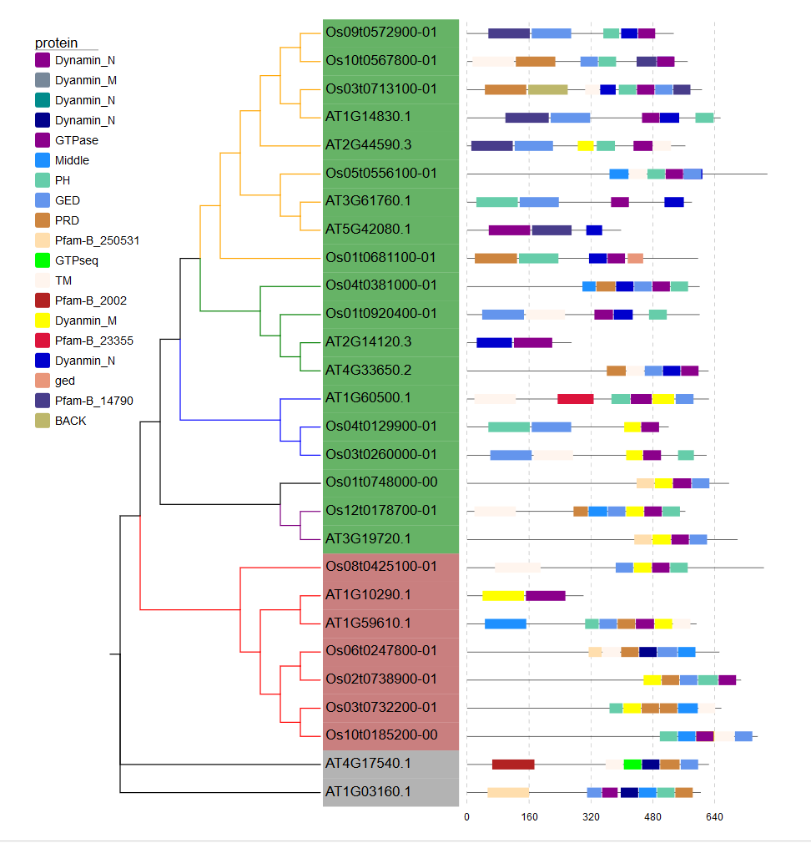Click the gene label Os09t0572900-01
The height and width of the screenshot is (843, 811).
[x=381, y=33]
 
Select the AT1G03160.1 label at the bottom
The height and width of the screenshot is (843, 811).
[x=368, y=791]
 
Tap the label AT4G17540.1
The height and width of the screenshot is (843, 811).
[x=368, y=763]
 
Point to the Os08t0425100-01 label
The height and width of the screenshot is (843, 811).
[x=381, y=567]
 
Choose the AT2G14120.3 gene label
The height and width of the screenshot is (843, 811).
[x=368, y=341]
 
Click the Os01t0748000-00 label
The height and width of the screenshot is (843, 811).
[x=381, y=482]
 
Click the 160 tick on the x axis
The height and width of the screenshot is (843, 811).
[x=529, y=817]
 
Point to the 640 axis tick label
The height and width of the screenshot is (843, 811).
[x=714, y=817]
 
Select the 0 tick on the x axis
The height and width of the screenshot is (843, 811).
[x=466, y=817]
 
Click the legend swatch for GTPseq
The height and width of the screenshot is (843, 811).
[x=43, y=260]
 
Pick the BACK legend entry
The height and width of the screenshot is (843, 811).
[x=71, y=421]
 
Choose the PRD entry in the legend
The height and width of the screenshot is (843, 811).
[x=68, y=220]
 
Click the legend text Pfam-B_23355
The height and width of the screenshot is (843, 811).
[x=94, y=341]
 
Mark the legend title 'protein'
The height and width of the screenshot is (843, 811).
[x=56, y=43]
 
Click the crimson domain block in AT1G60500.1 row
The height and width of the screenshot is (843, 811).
[x=576, y=399]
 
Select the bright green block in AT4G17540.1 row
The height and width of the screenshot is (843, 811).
[x=632, y=764]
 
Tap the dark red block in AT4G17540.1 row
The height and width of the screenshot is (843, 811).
[x=513, y=764]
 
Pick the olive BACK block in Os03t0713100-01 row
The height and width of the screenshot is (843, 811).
[x=548, y=89]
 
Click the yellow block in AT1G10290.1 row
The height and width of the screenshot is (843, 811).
[x=503, y=595]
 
